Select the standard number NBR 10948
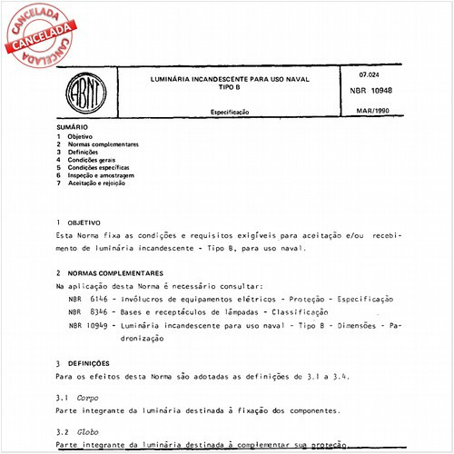pyautogui.click(x=377, y=92)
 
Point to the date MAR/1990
pyautogui.click(x=376, y=111)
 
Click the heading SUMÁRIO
pyautogui.click(x=72, y=128)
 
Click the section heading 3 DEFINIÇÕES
pyautogui.click(x=88, y=362)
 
